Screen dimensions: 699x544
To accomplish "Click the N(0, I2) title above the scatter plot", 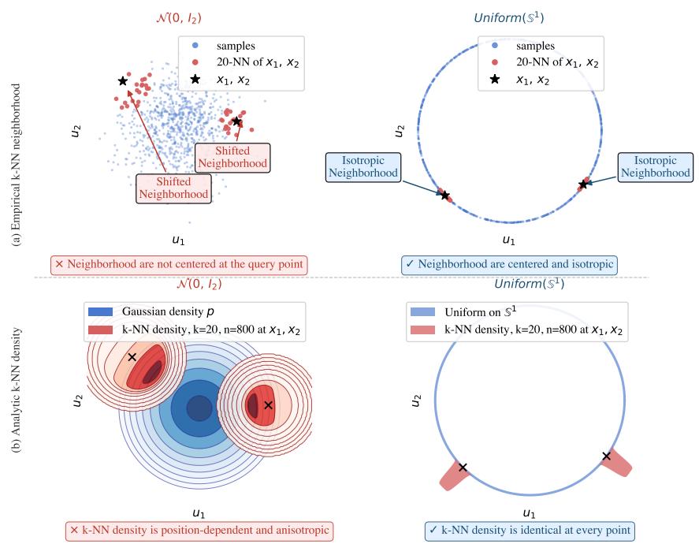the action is (179, 18).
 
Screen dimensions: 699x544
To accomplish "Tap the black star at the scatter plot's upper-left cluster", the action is (123, 81).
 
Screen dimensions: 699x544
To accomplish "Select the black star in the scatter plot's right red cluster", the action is (236, 121).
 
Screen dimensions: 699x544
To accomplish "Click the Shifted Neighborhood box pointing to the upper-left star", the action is (173, 188).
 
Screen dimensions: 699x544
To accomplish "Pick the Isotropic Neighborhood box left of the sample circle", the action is (363, 167).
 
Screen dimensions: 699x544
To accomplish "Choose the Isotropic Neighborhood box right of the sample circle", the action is (656, 167).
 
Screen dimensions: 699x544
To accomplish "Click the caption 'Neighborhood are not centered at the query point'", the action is (179, 264).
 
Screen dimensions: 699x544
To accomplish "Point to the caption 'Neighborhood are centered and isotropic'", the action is (510, 264).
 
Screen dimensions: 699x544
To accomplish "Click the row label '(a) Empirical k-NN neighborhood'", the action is (17, 165).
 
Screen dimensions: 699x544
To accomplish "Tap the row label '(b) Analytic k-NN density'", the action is (17, 390).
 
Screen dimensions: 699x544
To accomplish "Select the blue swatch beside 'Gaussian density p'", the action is (100, 311).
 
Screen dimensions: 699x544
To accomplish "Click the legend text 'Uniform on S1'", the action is (481, 311).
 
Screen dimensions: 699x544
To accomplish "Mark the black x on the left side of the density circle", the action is (463, 468).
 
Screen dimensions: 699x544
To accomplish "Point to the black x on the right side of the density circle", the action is (606, 456).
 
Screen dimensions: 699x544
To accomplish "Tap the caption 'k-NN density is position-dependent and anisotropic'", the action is (199, 531).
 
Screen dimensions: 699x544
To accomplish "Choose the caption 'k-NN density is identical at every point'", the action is (530, 531).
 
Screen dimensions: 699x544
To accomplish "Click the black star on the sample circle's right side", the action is (583, 184).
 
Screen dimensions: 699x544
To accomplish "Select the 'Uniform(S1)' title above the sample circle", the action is (508, 18).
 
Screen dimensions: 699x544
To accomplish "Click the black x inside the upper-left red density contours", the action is (132, 357).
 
